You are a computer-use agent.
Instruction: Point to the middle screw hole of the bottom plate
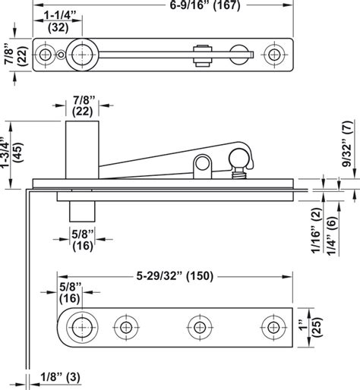coord(199,328)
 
